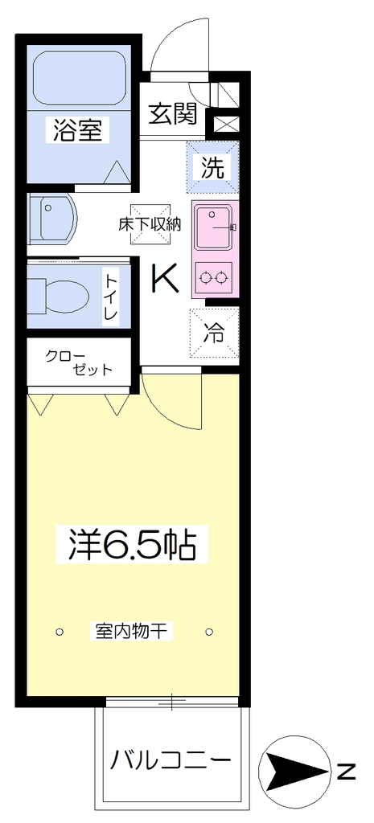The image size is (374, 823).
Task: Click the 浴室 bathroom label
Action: point(78,129)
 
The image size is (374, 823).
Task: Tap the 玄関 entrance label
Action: point(172,113)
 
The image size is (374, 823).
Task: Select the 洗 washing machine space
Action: point(214,166)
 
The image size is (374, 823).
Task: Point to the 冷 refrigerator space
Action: point(214,333)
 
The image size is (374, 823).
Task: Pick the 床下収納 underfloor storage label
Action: point(150,224)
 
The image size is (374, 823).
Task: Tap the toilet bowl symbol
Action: point(60,296)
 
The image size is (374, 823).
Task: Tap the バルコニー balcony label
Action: point(171,759)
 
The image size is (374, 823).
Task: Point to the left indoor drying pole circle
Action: point(60,631)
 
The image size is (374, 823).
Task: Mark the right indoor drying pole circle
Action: point(210,631)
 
